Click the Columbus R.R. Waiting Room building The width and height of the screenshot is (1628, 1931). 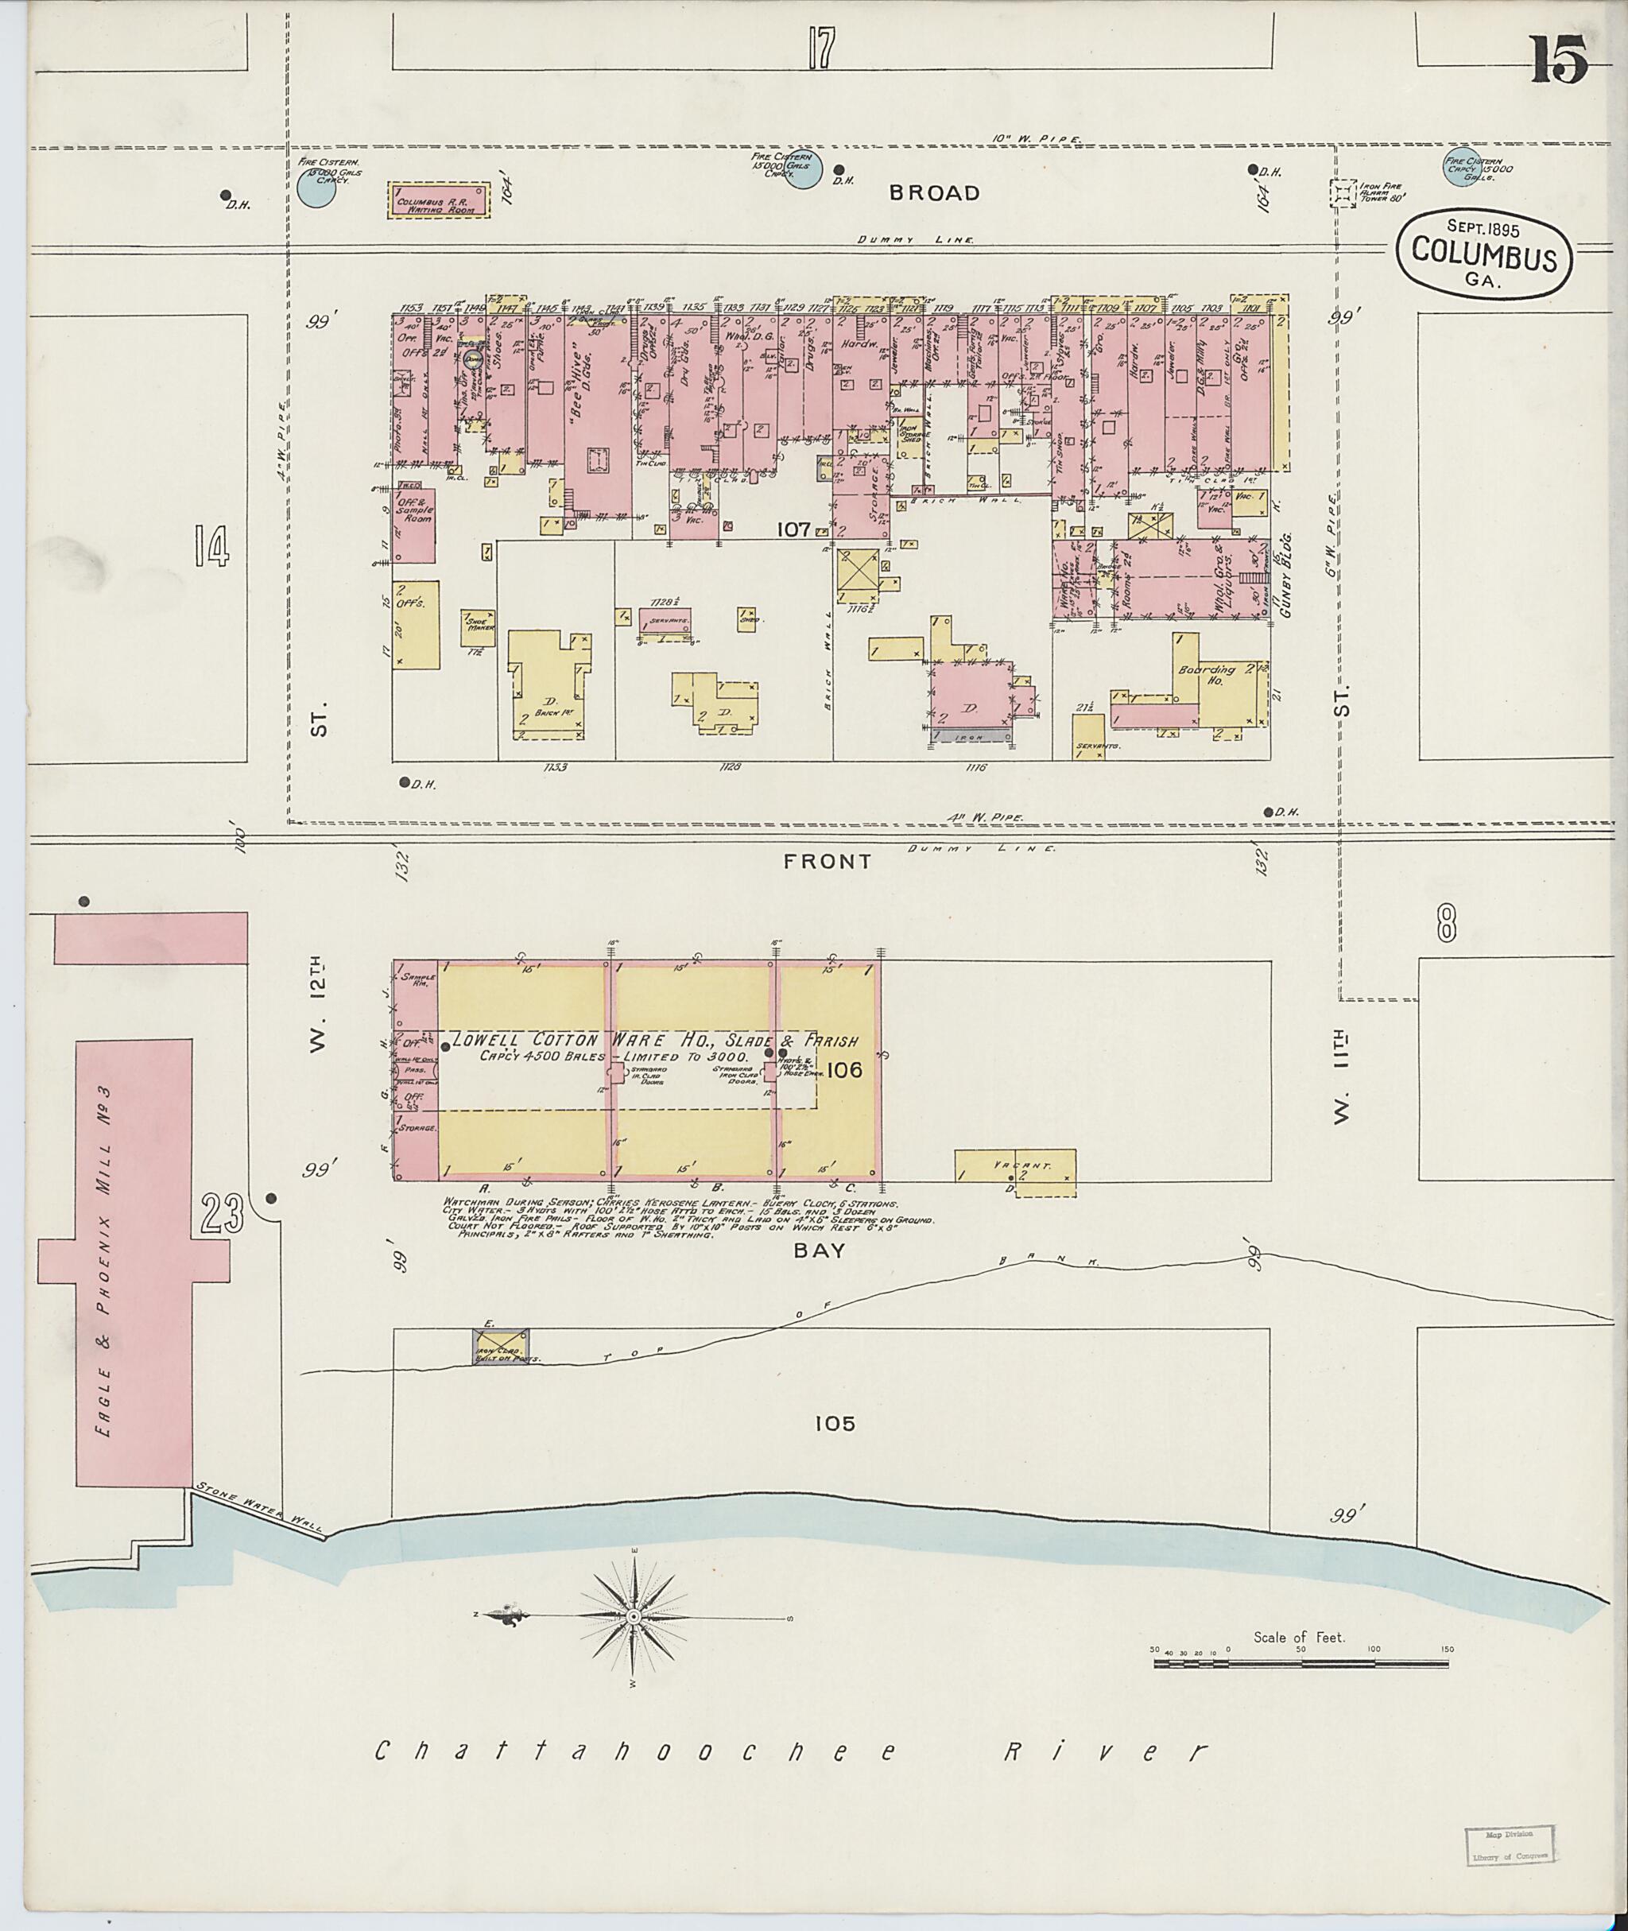[437, 200]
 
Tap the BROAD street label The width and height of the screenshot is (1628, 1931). [934, 193]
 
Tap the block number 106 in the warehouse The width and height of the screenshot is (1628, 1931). [844, 1070]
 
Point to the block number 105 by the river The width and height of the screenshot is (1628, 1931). [835, 1423]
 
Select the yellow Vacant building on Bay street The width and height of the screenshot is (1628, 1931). [1014, 1173]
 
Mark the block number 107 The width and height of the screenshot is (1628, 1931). [793, 529]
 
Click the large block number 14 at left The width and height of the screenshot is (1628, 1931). [211, 545]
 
